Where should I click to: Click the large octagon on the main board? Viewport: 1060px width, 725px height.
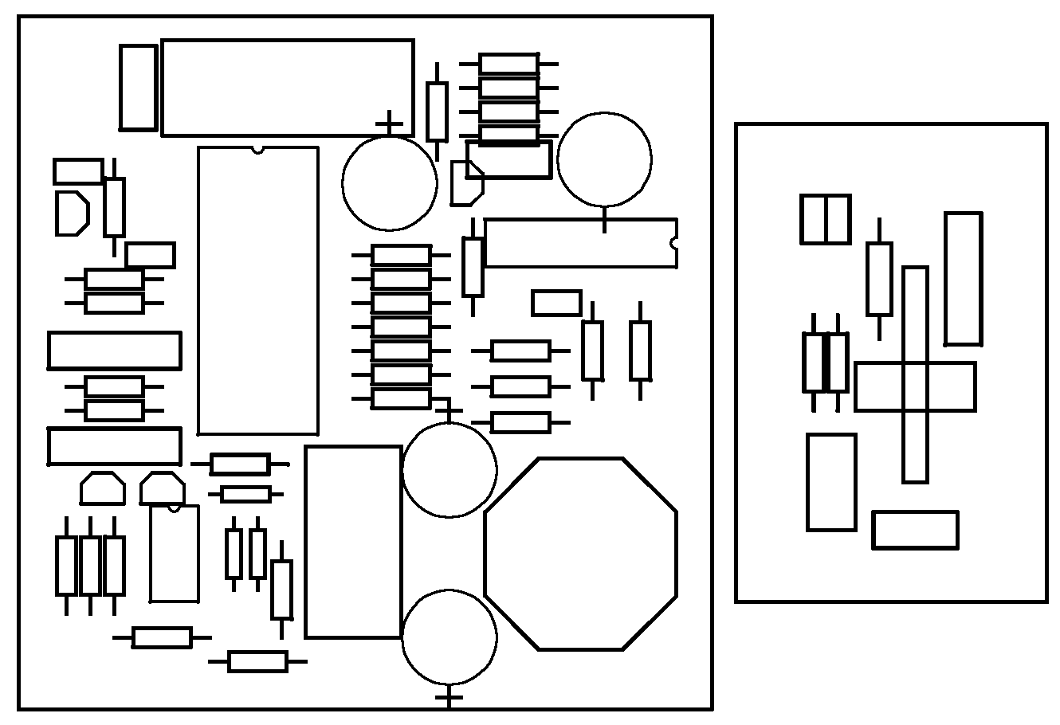(580, 554)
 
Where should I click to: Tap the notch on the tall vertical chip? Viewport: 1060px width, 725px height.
(257, 149)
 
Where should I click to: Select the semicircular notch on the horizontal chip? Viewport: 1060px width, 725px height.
(674, 242)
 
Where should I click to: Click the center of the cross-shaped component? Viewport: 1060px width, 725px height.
(915, 386)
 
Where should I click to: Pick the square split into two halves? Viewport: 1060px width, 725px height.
(825, 219)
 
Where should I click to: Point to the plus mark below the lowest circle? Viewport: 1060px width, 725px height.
(450, 699)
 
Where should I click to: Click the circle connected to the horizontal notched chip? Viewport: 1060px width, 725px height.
(604, 159)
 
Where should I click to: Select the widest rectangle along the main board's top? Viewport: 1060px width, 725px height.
(288, 88)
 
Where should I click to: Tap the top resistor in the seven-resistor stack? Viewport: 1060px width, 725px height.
(401, 255)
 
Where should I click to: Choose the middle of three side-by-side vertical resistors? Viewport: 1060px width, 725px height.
(90, 566)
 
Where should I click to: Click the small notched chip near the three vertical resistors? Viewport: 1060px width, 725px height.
(175, 554)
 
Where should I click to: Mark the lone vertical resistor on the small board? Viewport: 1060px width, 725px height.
(879, 279)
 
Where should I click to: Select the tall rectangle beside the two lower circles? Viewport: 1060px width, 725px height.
(353, 542)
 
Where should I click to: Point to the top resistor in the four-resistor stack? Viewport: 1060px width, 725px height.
(508, 64)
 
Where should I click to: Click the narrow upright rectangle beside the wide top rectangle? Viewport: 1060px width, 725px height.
(139, 88)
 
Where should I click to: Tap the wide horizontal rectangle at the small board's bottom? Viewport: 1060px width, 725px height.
(915, 530)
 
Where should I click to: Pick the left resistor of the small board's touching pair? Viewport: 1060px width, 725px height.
(814, 362)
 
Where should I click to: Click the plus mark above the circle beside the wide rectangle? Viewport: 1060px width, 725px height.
(389, 123)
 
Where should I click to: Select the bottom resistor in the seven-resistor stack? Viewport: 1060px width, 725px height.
(401, 398)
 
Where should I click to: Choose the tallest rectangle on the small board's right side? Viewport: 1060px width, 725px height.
(963, 279)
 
